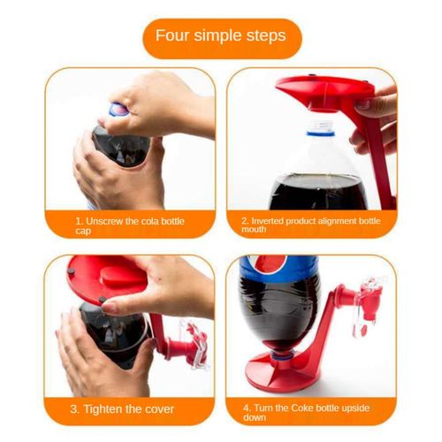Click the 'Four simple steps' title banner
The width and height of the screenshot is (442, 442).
pyautogui.click(x=220, y=36)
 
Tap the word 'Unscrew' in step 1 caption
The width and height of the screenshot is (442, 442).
pyautogui.click(x=103, y=220)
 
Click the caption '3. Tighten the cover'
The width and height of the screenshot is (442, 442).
pyautogui.click(x=123, y=408)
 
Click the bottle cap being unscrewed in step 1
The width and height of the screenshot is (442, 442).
pyautogui.click(x=118, y=111)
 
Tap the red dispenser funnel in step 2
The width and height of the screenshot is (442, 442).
pyautogui.click(x=318, y=90)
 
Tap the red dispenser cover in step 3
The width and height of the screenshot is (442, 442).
pyautogui.click(x=106, y=278)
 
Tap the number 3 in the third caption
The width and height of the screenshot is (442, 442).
pyautogui.click(x=75, y=408)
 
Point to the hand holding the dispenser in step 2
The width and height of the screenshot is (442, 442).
pyautogui.click(x=376, y=119)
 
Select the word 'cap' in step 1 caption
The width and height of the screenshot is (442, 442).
pyautogui.click(x=83, y=231)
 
